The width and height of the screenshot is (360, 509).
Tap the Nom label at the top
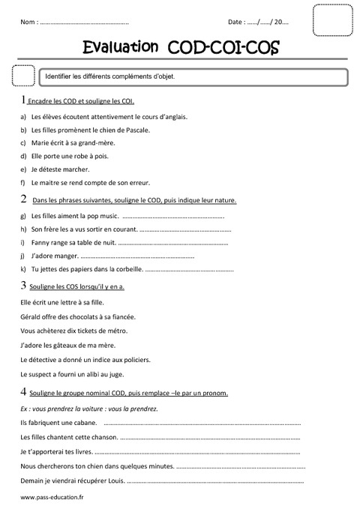coord(29,23)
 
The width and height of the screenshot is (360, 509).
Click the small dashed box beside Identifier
coord(24,76)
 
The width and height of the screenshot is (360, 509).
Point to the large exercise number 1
coord(24,99)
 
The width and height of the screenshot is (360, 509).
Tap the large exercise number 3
coord(25,286)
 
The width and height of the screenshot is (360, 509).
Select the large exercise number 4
coord(25,391)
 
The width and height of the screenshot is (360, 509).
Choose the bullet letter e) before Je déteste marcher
coord(24,169)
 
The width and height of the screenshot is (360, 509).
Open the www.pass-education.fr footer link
coord(52,497)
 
